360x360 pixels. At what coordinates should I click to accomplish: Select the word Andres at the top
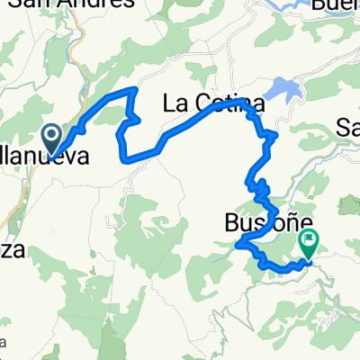[112, 4]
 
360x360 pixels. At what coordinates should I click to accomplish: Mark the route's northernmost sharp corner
[135, 89]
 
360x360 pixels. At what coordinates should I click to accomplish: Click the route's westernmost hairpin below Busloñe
[238, 243]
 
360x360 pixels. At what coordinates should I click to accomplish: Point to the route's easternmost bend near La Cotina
[275, 136]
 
